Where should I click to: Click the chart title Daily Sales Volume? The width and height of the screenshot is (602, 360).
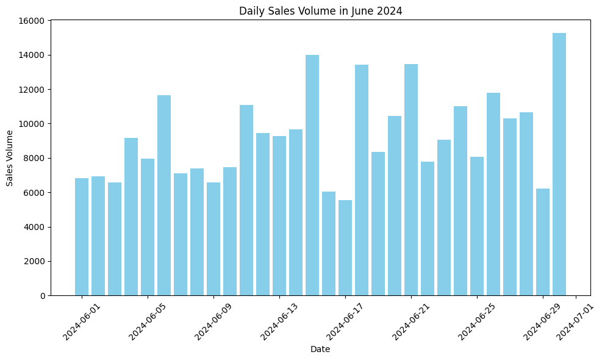click(x=320, y=10)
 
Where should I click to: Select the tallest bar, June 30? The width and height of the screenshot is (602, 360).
click(x=559, y=165)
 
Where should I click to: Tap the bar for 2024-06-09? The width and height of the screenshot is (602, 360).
click(x=213, y=239)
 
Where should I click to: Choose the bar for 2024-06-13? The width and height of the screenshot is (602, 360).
click(x=279, y=216)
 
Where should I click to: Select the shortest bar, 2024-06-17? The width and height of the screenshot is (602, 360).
click(x=345, y=248)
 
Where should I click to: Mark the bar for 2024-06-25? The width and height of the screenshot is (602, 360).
click(x=477, y=226)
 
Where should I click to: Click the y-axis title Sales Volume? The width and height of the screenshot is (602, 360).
click(x=10, y=158)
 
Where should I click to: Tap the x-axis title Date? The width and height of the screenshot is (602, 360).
click(x=320, y=350)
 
